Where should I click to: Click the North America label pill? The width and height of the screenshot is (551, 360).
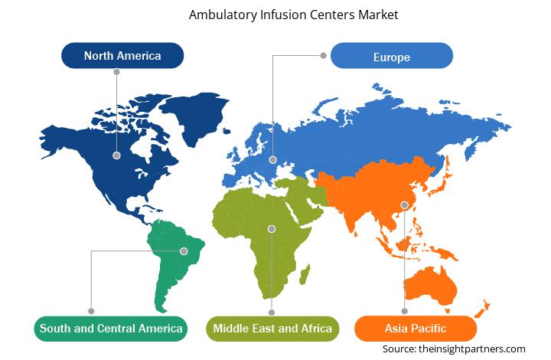point(122,55)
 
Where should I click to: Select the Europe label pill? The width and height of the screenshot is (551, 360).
point(392,56)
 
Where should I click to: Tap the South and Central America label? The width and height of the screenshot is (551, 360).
point(111,329)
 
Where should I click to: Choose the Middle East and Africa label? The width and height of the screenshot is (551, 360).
point(272,329)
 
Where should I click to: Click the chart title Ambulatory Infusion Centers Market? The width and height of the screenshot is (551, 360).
point(275,14)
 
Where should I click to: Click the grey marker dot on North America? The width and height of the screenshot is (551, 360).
point(116,154)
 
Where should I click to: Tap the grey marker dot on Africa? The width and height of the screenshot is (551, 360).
point(272,227)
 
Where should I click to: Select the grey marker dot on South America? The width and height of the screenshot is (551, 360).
point(182,250)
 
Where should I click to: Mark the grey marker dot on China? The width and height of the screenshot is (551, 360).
point(404,205)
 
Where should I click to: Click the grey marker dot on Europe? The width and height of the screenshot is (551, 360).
point(273,160)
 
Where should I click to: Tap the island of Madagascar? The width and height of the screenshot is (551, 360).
point(305,273)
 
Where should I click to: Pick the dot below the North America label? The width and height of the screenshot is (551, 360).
point(116,71)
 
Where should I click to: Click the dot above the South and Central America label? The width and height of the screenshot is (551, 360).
point(91,311)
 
